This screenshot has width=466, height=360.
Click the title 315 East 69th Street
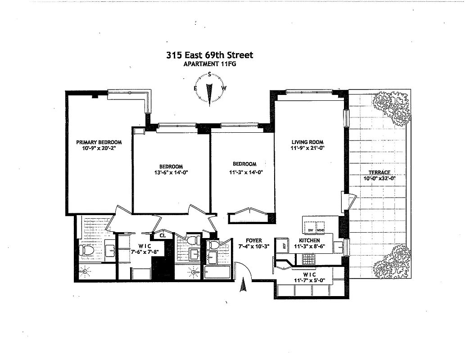(x=209, y=55)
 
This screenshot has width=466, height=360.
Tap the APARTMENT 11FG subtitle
(x=209, y=64)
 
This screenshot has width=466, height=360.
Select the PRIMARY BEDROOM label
(x=99, y=143)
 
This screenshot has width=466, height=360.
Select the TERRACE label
(x=378, y=172)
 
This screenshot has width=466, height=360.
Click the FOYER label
(x=254, y=241)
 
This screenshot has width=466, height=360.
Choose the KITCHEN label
(x=309, y=241)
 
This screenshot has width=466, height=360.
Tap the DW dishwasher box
(x=310, y=230)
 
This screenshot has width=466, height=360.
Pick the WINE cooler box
(x=321, y=230)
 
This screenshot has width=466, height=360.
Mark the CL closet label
(x=163, y=235)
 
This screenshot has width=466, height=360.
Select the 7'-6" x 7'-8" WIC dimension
(x=140, y=252)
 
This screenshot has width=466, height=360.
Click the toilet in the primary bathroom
(x=86, y=250)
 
